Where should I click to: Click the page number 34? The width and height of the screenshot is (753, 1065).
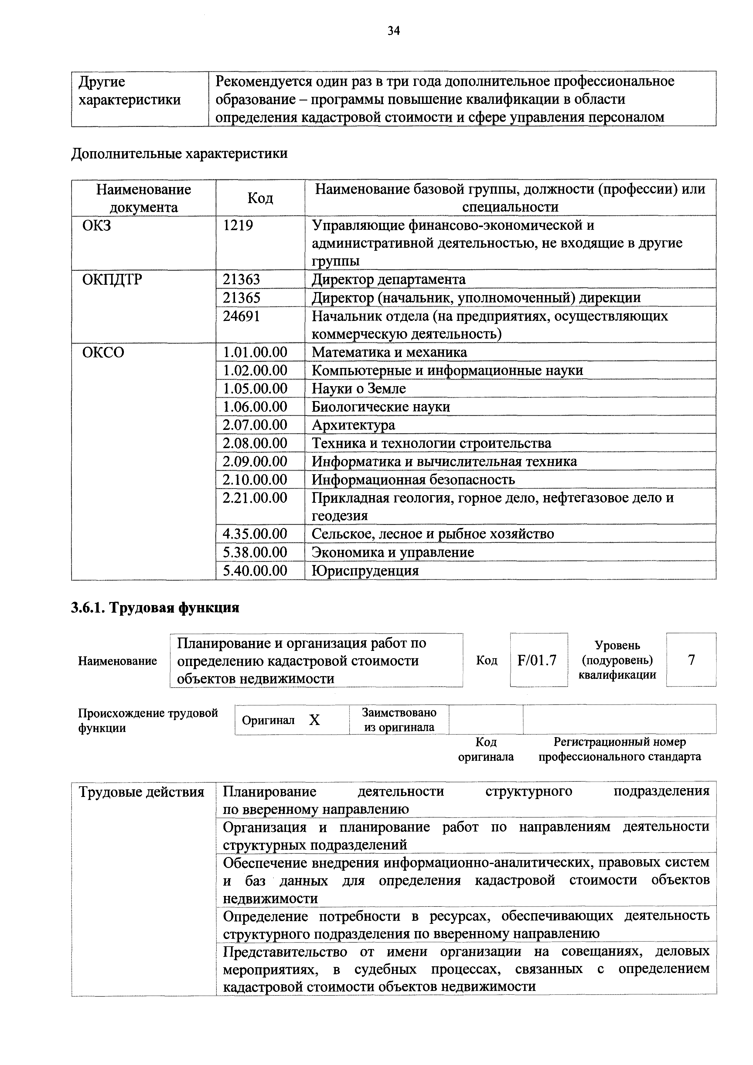(394, 31)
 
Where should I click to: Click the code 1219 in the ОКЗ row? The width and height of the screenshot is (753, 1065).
(238, 226)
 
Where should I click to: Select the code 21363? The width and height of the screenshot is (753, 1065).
(241, 280)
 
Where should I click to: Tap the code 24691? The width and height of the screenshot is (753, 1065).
(241, 316)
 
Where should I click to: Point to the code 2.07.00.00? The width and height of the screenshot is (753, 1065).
(255, 425)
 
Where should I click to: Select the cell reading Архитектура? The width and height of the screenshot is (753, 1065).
(353, 425)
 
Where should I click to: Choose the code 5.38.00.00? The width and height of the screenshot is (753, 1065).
(255, 553)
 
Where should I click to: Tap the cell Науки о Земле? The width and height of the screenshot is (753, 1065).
(358, 389)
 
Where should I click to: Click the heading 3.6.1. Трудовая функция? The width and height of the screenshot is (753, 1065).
(155, 608)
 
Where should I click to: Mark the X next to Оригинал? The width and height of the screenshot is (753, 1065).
(315, 720)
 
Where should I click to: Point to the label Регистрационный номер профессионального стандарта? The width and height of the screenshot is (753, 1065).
(619, 750)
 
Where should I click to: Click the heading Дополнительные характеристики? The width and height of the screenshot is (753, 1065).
(179, 154)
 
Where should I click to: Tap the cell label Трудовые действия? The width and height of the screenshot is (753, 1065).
(141, 792)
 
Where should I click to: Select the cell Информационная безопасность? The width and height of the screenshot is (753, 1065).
(413, 480)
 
